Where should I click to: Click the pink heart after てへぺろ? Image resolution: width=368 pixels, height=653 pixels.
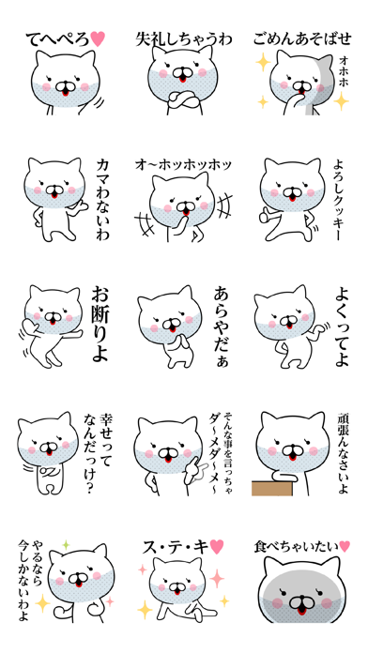tap(98, 38)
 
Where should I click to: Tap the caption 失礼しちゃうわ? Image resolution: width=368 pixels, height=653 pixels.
tap(183, 39)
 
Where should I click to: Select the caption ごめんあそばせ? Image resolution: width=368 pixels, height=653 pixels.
tap(302, 39)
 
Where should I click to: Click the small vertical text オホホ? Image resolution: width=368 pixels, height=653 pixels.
tap(344, 71)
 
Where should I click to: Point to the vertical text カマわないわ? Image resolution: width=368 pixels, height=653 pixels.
tap(102, 199)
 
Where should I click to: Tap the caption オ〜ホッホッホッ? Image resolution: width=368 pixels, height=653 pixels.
tap(183, 165)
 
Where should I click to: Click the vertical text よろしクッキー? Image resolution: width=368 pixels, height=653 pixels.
tap(338, 199)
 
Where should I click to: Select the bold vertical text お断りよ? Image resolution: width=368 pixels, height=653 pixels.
tap(100, 324)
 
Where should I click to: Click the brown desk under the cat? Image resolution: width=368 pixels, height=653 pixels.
tap(271, 488)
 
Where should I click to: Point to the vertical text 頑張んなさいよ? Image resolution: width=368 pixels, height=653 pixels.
tap(343, 453)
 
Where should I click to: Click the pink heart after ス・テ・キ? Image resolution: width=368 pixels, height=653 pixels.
tap(216, 546)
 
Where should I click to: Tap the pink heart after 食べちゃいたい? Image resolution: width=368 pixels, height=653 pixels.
tap(345, 545)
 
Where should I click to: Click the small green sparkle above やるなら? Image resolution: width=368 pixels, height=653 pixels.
tap(65, 544)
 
